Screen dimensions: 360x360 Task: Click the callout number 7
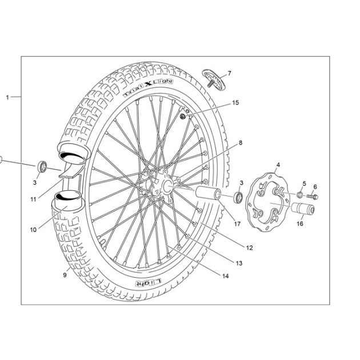[229, 74]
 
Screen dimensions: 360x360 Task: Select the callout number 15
[235, 103]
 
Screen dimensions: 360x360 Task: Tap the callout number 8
[241, 143]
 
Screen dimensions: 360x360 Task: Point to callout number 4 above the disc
[278, 165]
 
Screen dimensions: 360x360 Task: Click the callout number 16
[300, 223]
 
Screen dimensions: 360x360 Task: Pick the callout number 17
[237, 223]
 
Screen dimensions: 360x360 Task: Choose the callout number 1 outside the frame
[7, 97]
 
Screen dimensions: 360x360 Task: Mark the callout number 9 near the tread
[65, 275]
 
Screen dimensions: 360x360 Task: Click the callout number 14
[226, 276]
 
